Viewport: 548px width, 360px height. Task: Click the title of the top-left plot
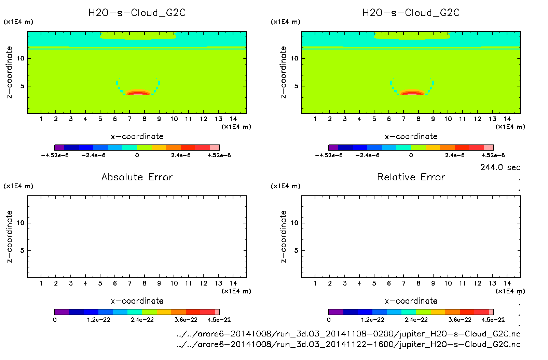pos(137,13)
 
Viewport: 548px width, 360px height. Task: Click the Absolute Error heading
pos(137,177)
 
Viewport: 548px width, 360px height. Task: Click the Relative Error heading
pos(411,177)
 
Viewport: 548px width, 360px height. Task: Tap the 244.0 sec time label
pos(500,167)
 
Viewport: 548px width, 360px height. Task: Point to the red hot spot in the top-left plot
pos(138,93)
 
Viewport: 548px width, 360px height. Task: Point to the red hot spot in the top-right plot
pos(412,93)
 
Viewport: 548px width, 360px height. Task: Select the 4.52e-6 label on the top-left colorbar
pos(219,155)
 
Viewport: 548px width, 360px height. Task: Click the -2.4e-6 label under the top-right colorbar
pos(367,155)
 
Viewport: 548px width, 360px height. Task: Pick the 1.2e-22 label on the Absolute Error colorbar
pos(98,320)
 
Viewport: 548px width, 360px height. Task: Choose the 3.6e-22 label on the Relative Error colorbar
pos(460,320)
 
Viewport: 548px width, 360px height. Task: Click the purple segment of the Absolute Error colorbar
pos(62,312)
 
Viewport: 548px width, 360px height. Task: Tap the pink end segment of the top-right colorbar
pos(489,148)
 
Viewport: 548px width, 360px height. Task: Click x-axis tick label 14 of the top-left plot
pos(233,119)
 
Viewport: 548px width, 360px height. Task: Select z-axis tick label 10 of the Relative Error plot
pos(294,223)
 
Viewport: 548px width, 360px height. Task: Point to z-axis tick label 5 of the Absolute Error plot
pos(22,251)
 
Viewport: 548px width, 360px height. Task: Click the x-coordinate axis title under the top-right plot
pos(411,137)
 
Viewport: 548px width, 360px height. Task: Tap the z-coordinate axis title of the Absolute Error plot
pos(10,236)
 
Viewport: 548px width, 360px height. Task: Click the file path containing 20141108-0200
pos(348,334)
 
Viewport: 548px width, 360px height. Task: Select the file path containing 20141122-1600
pos(348,344)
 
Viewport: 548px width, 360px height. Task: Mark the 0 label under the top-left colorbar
pos(137,155)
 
